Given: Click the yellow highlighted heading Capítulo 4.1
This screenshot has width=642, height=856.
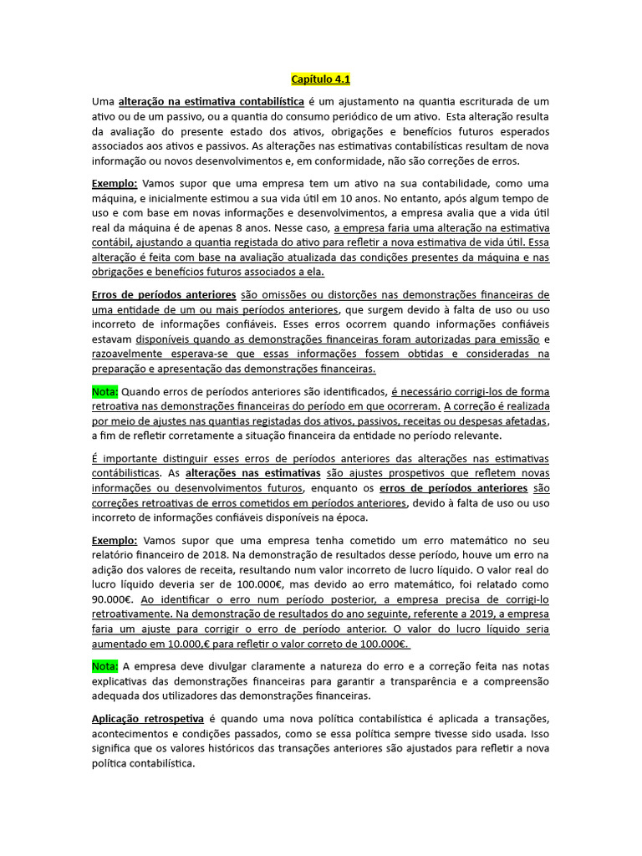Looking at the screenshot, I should [x=320, y=79].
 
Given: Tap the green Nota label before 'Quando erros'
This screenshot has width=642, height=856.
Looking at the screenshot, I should [x=105, y=391].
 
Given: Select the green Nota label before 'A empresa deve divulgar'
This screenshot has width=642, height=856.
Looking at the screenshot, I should [x=105, y=665].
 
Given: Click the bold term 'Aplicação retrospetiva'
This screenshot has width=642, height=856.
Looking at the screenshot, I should [x=147, y=719].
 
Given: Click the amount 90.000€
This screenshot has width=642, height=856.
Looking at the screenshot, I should [x=112, y=599].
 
